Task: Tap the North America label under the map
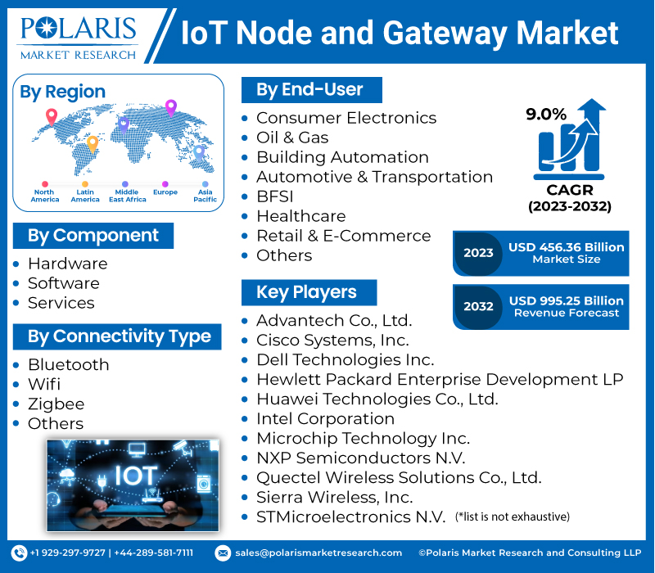45,196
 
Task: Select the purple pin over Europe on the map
171,107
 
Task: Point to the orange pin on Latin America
93,144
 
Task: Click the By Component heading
93,236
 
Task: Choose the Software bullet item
63,283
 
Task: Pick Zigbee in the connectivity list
56,404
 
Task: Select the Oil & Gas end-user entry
292,138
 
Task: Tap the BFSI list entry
274,196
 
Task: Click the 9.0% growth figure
546,115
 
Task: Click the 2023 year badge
478,253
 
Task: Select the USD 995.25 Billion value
566,300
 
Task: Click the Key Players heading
306,292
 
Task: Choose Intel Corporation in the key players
325,419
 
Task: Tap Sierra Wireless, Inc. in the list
334,497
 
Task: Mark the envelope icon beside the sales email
223,553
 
